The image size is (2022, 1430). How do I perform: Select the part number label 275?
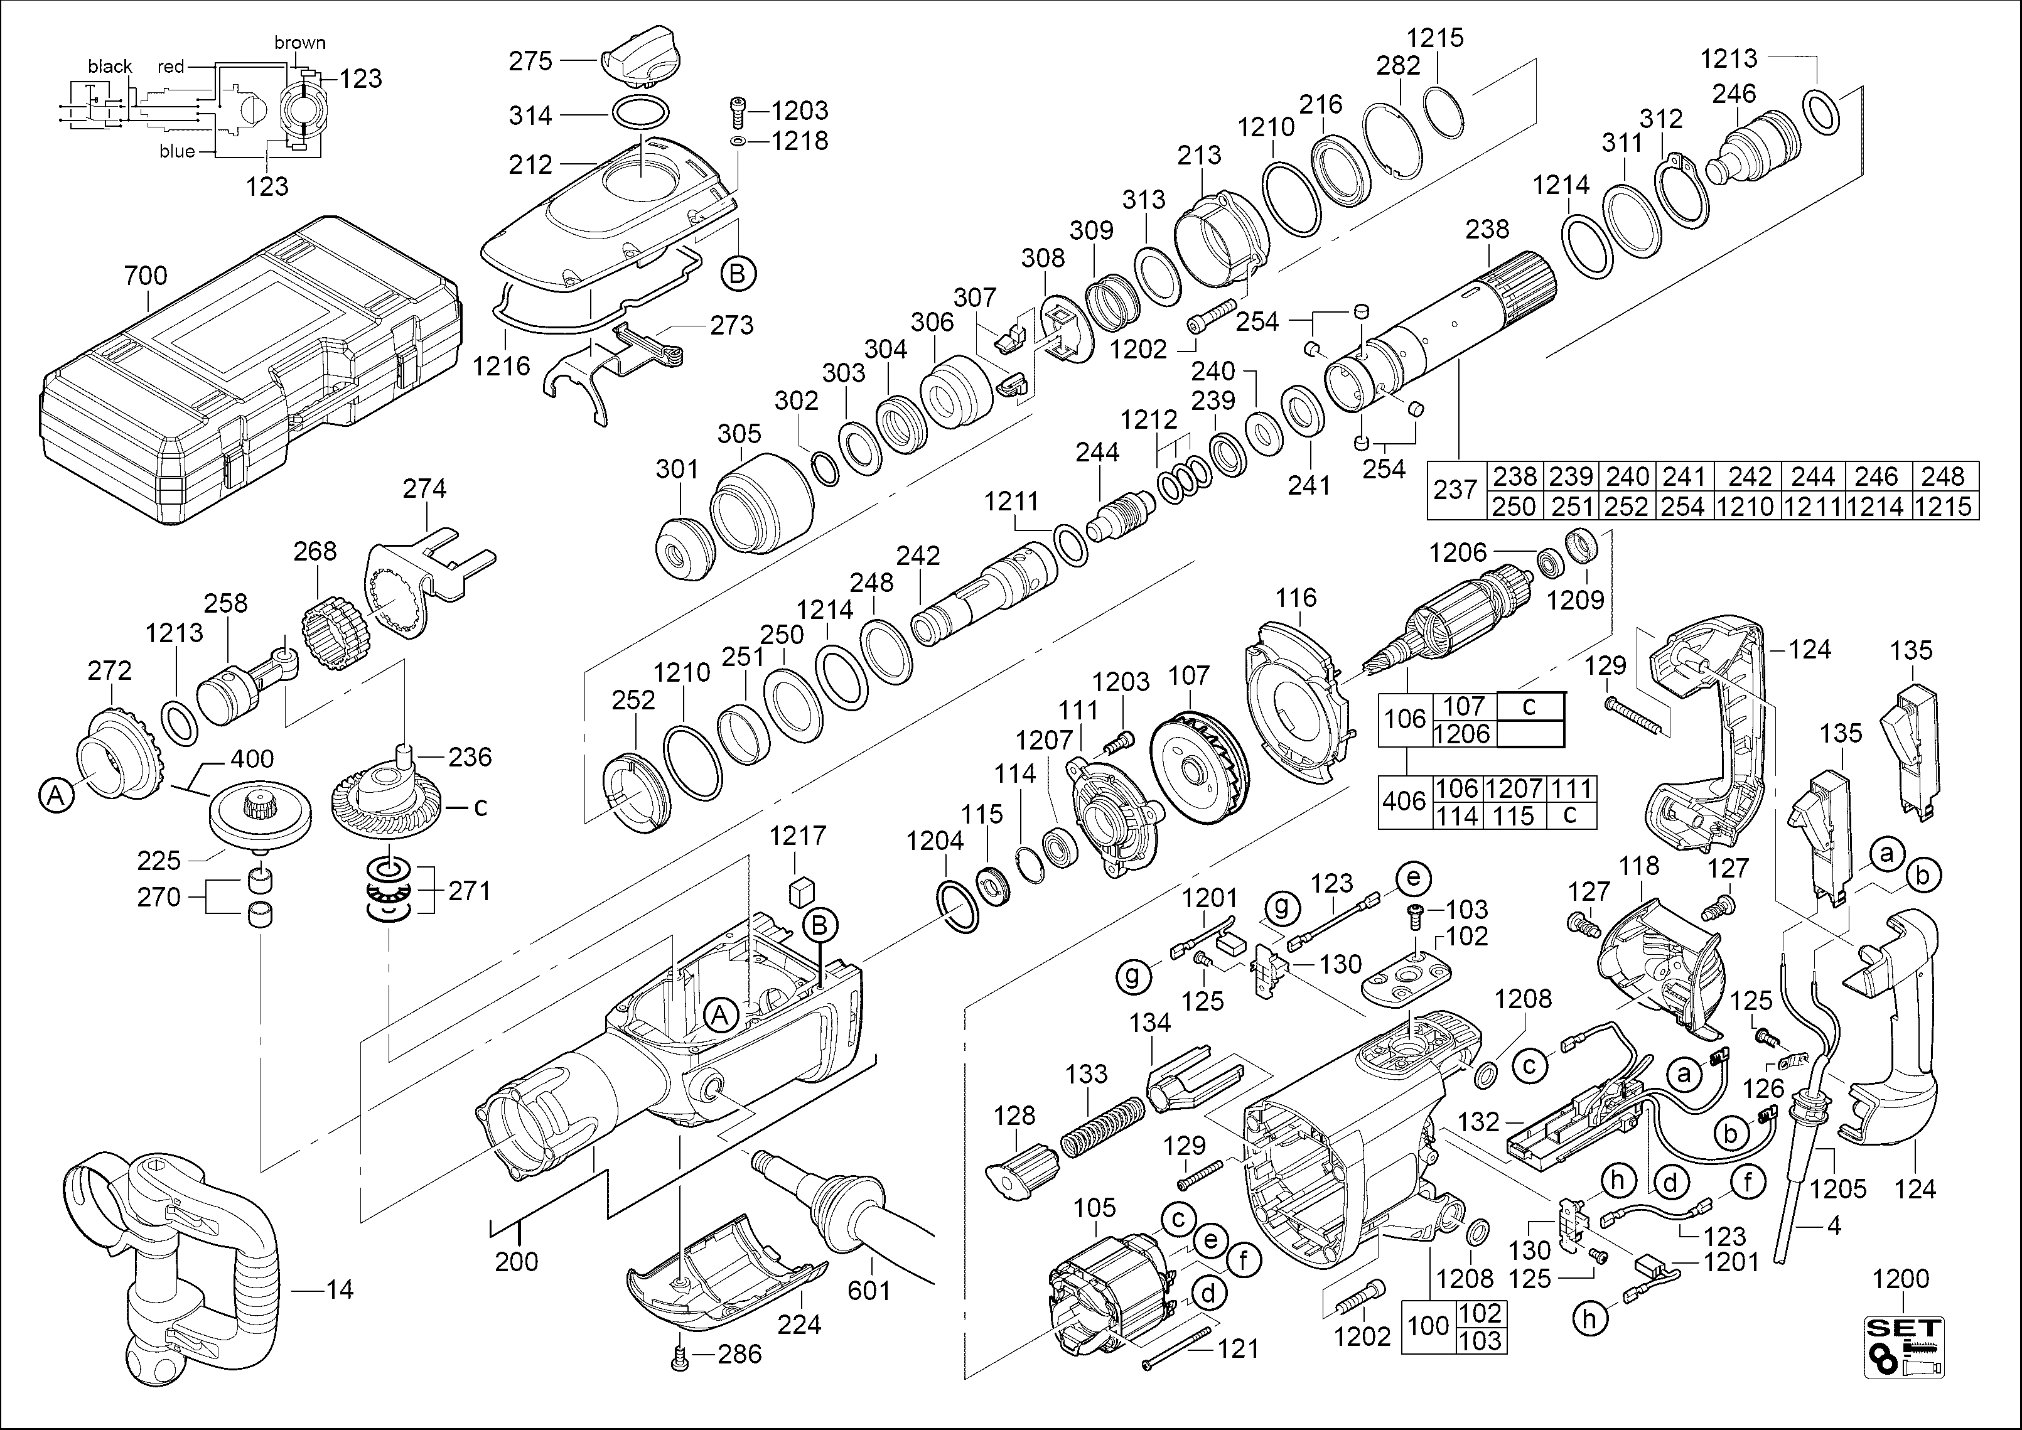pos(530,62)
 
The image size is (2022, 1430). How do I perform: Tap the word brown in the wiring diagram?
pos(299,42)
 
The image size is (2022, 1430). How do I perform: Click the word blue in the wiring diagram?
pos(177,151)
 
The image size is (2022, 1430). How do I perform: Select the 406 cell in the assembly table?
pos(1404,801)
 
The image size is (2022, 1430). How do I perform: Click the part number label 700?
pos(145,276)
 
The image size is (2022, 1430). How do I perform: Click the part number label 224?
pos(799,1325)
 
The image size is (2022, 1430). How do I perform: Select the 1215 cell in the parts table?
pos(1944,507)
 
